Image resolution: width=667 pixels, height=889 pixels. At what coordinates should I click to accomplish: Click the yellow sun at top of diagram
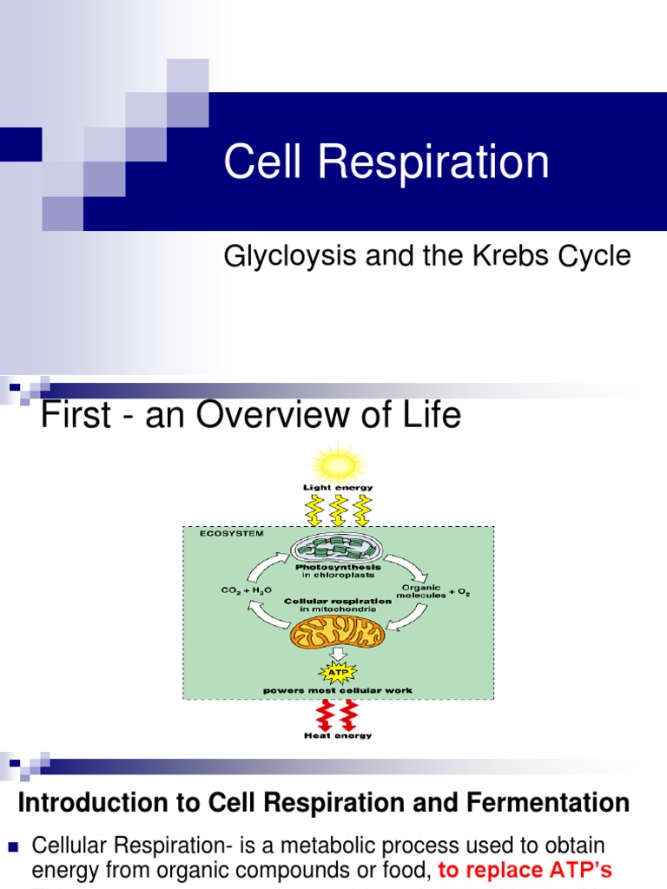point(338,461)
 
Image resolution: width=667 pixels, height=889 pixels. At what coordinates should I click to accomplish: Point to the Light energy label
point(338,488)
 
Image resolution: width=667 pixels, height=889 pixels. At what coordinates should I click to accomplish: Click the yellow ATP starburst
point(338,671)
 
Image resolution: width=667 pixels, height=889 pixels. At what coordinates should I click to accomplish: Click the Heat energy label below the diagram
point(338,735)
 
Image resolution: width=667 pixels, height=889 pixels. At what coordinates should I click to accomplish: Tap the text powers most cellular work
point(338,690)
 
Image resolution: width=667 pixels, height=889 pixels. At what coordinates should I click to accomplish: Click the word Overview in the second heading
point(269,416)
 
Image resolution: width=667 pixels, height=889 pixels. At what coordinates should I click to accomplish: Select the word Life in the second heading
point(428,416)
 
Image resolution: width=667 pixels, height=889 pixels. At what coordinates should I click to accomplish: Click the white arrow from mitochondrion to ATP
point(338,654)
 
